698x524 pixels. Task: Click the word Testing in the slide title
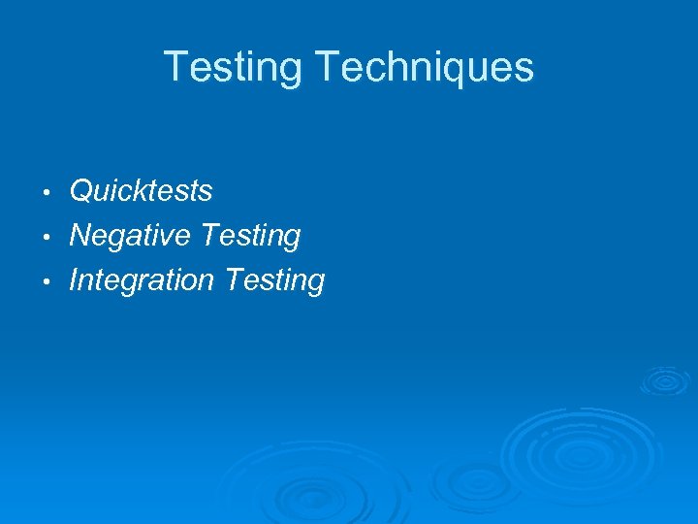[x=234, y=68]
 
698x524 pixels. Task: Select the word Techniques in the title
[x=425, y=68]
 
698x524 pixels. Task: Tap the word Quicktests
[x=141, y=191]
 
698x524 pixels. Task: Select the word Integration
[x=142, y=281]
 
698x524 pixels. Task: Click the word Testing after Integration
[x=274, y=281]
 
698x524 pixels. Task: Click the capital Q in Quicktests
[x=81, y=191]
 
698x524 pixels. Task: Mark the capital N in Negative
[x=82, y=236]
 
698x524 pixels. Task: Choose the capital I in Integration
[x=75, y=280]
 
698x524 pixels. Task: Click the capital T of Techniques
[x=327, y=68]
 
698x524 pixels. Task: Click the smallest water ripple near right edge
[x=664, y=379]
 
